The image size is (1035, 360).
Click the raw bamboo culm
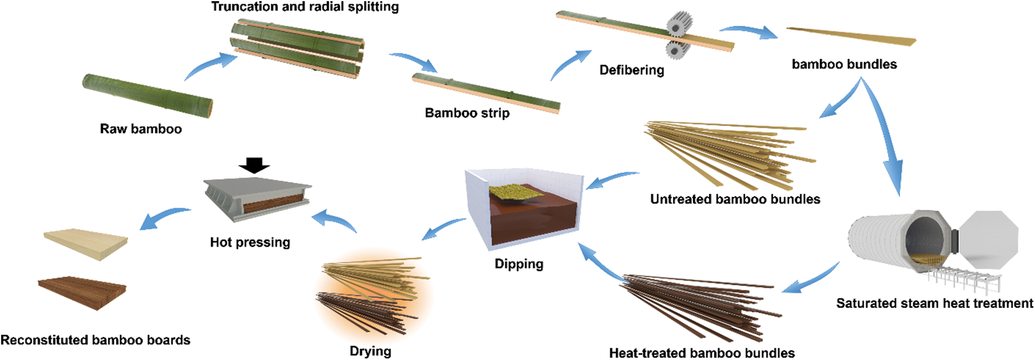click(x=147, y=95)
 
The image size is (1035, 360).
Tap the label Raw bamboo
click(x=141, y=129)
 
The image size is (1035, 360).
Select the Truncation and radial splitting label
click(x=305, y=7)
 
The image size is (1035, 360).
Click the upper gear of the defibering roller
click(x=679, y=25)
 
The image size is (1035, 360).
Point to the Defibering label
click(x=632, y=70)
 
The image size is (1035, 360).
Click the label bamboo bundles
click(x=844, y=64)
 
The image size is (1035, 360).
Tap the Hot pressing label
click(x=250, y=243)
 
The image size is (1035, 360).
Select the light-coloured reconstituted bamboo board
click(x=86, y=245)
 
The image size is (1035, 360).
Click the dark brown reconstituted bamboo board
click(x=83, y=292)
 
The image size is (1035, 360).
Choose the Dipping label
click(x=519, y=264)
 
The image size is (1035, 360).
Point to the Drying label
click(x=371, y=351)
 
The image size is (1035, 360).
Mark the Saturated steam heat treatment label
click(x=934, y=304)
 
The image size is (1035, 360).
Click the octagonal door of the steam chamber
click(x=988, y=239)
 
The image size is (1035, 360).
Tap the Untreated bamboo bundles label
click(x=735, y=200)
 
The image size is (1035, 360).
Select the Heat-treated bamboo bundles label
click(x=701, y=353)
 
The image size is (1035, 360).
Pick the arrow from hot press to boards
click(x=164, y=217)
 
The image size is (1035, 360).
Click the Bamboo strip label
click(x=467, y=113)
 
